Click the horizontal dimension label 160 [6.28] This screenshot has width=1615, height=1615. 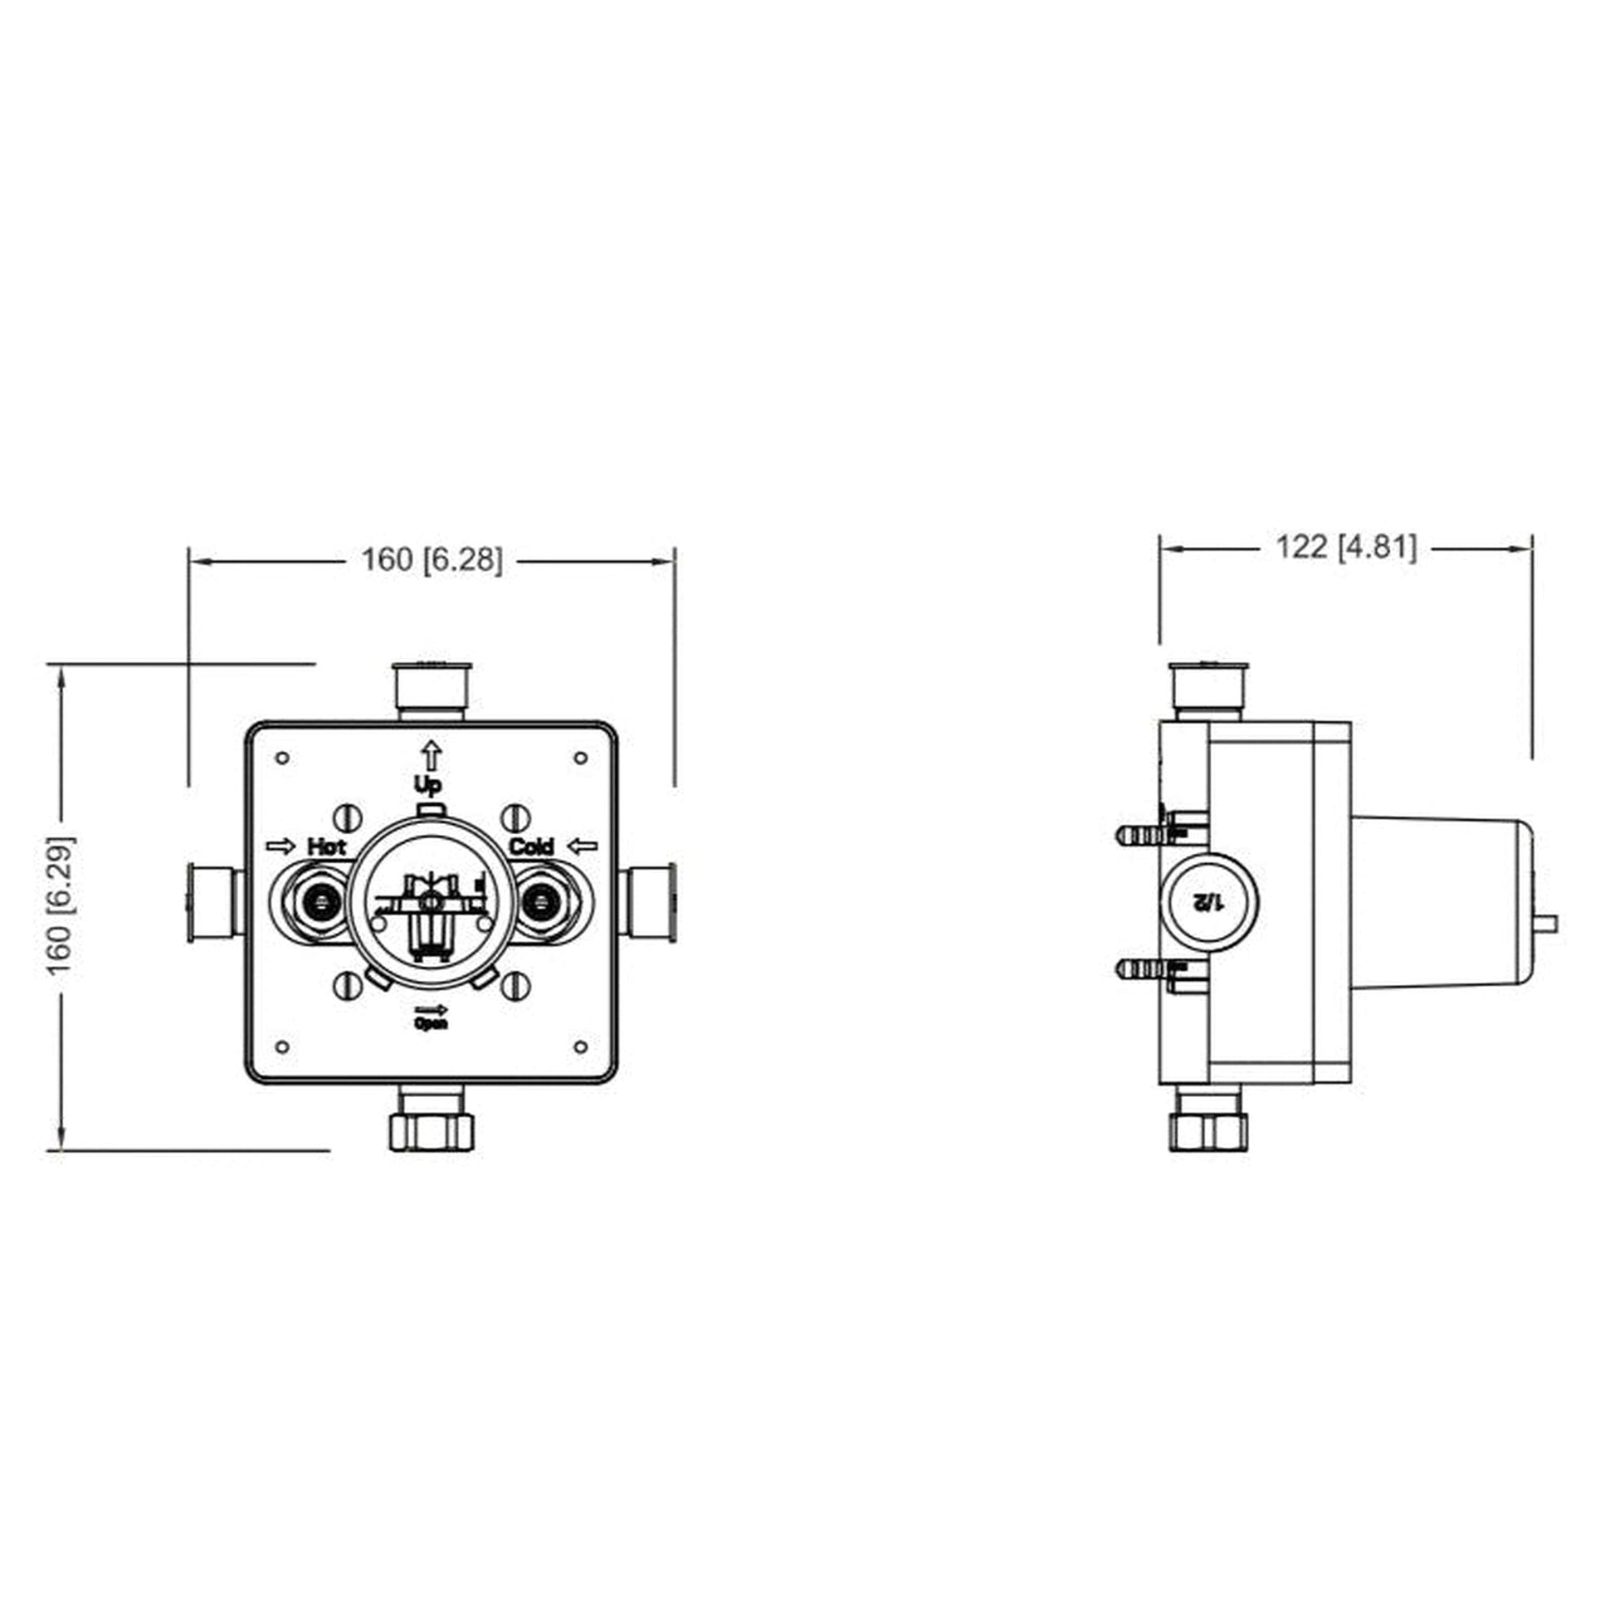(x=432, y=560)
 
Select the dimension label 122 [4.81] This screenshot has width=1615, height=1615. (x=1346, y=548)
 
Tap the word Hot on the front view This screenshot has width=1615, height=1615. (x=326, y=846)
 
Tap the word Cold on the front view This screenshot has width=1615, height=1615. (x=531, y=846)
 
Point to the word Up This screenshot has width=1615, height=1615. (x=429, y=784)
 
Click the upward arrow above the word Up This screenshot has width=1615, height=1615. (x=431, y=755)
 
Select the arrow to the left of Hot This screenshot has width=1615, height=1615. (x=281, y=846)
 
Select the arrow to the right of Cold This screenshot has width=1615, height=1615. (x=583, y=846)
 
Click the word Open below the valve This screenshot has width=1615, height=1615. (x=432, y=1024)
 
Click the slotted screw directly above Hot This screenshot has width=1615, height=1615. (x=347, y=817)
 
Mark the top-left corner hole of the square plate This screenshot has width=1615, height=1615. (x=282, y=759)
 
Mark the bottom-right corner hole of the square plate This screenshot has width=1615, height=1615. (x=580, y=1047)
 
